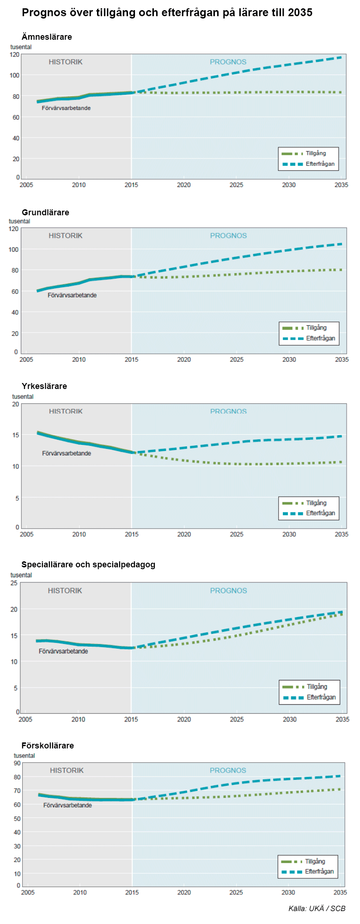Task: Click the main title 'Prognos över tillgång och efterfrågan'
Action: click(x=120, y=13)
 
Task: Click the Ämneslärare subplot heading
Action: click(x=47, y=37)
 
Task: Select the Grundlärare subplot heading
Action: click(x=45, y=213)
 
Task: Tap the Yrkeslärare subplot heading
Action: click(x=44, y=386)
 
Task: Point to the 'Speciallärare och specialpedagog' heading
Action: click(x=88, y=565)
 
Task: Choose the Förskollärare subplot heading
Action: click(x=48, y=746)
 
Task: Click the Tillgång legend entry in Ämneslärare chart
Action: click(x=304, y=153)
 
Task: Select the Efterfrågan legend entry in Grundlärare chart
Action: click(x=309, y=338)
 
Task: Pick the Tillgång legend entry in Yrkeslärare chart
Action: click(x=304, y=503)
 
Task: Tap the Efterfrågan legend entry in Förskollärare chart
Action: click(x=307, y=871)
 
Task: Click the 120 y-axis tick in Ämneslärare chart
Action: click(x=14, y=55)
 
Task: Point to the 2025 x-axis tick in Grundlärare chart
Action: click(x=237, y=359)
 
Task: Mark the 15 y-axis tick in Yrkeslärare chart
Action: click(x=16, y=435)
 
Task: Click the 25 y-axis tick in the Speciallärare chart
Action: click(x=14, y=583)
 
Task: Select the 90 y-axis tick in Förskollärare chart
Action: click(x=17, y=763)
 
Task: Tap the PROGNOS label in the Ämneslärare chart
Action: click(x=228, y=62)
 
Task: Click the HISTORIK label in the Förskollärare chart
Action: click(x=67, y=770)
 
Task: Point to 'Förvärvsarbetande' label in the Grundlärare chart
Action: click(x=72, y=295)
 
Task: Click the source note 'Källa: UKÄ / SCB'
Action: click(x=317, y=908)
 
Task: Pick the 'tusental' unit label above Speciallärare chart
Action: click(x=21, y=575)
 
